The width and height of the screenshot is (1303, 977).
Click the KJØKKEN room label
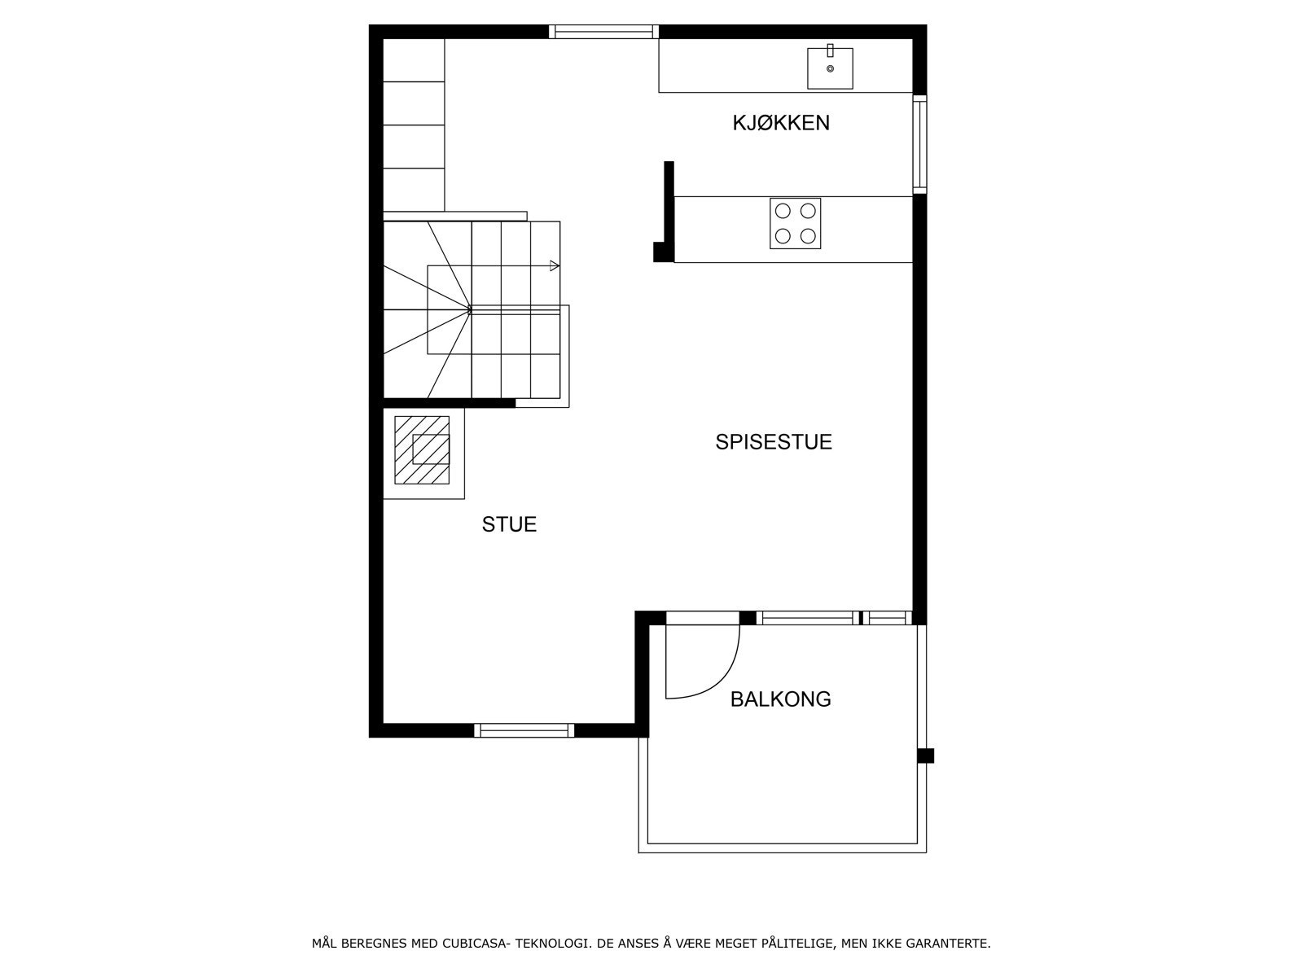(x=780, y=123)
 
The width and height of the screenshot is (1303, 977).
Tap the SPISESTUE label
(x=773, y=442)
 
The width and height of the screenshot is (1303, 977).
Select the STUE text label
(x=509, y=524)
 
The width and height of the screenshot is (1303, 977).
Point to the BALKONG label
(x=780, y=699)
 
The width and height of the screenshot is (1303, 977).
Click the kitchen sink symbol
(x=830, y=68)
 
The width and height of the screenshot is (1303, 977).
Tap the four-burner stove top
(x=795, y=223)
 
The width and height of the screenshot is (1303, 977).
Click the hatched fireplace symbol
(x=422, y=449)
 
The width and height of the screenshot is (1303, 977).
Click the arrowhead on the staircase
(x=555, y=265)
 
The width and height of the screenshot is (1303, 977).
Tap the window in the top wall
(x=603, y=32)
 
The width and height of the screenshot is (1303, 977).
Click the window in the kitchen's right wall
(x=919, y=144)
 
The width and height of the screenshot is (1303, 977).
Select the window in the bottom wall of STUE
(x=524, y=730)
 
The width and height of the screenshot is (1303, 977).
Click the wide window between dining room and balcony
(x=806, y=618)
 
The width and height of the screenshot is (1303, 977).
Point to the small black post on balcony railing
(x=925, y=756)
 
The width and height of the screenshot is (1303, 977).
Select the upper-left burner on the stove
(x=783, y=211)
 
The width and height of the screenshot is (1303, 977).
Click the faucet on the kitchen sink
(x=830, y=51)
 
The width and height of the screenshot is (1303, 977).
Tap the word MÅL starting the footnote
(x=324, y=944)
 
